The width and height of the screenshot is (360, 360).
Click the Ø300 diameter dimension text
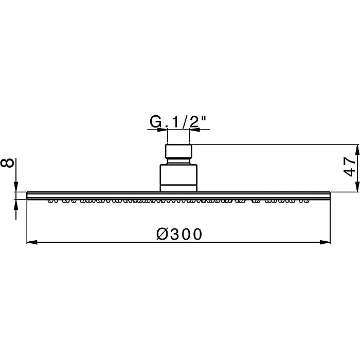pos(178,234)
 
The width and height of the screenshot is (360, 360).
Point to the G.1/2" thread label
pos(178,122)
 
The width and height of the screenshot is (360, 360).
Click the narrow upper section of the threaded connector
pos(178,153)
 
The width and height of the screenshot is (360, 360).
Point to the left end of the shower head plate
pos(28,195)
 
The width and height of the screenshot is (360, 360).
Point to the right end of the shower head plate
pos(329,195)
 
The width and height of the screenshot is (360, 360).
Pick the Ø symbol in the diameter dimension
pos(160,234)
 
